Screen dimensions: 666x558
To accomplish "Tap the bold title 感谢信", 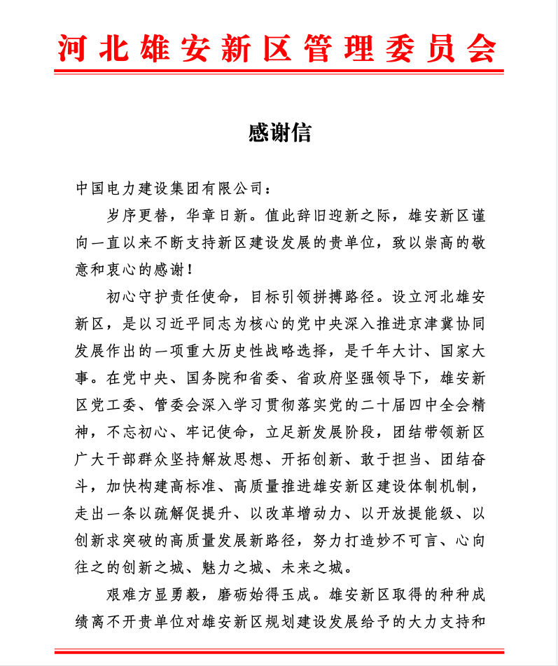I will [x=279, y=132].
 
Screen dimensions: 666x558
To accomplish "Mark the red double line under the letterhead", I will [x=279, y=71].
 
